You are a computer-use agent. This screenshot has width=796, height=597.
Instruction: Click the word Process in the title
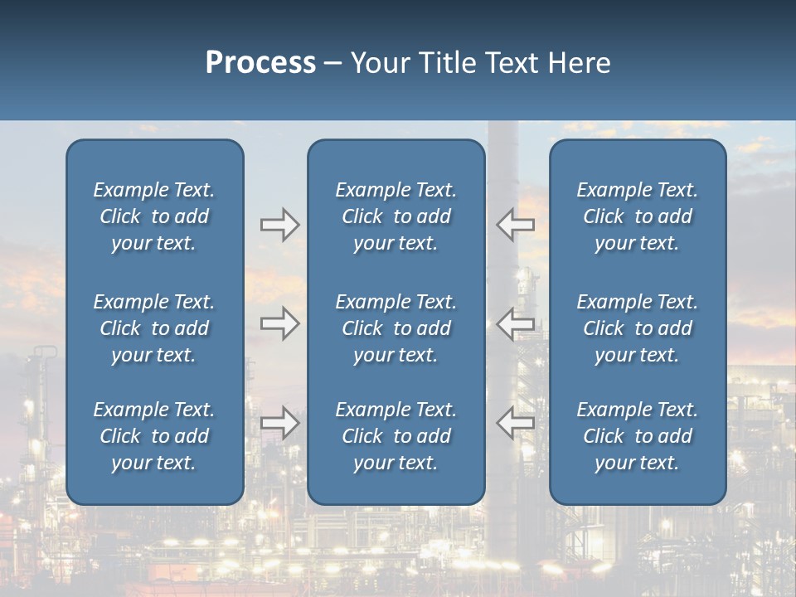pyautogui.click(x=260, y=63)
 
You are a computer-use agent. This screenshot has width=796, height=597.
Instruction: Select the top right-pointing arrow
pyautogui.click(x=280, y=225)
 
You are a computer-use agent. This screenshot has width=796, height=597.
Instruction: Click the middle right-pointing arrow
pyautogui.click(x=280, y=323)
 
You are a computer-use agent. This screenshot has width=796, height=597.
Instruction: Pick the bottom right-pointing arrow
pyautogui.click(x=280, y=423)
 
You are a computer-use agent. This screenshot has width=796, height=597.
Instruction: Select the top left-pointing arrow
pyautogui.click(x=515, y=224)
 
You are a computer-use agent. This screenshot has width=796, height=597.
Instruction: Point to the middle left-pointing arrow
pyautogui.click(x=515, y=323)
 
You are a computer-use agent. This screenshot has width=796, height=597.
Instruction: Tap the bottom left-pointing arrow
pyautogui.click(x=515, y=423)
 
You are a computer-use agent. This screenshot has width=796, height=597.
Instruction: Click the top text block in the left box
pyautogui.click(x=154, y=216)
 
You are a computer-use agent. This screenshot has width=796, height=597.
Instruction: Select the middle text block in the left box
pyautogui.click(x=154, y=328)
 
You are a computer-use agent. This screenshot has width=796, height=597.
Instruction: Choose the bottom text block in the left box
pyautogui.click(x=154, y=436)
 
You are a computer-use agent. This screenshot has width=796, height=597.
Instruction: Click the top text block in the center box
pyautogui.click(x=396, y=216)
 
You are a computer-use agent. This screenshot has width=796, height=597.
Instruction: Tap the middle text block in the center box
pyautogui.click(x=396, y=328)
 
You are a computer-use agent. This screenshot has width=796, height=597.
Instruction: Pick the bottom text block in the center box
pyautogui.click(x=396, y=436)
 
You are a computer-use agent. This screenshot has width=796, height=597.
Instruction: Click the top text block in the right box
pyautogui.click(x=638, y=216)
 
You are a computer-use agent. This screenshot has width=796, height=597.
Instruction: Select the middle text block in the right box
pyautogui.click(x=638, y=328)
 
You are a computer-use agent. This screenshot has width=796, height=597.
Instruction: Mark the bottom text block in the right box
pyautogui.click(x=638, y=436)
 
